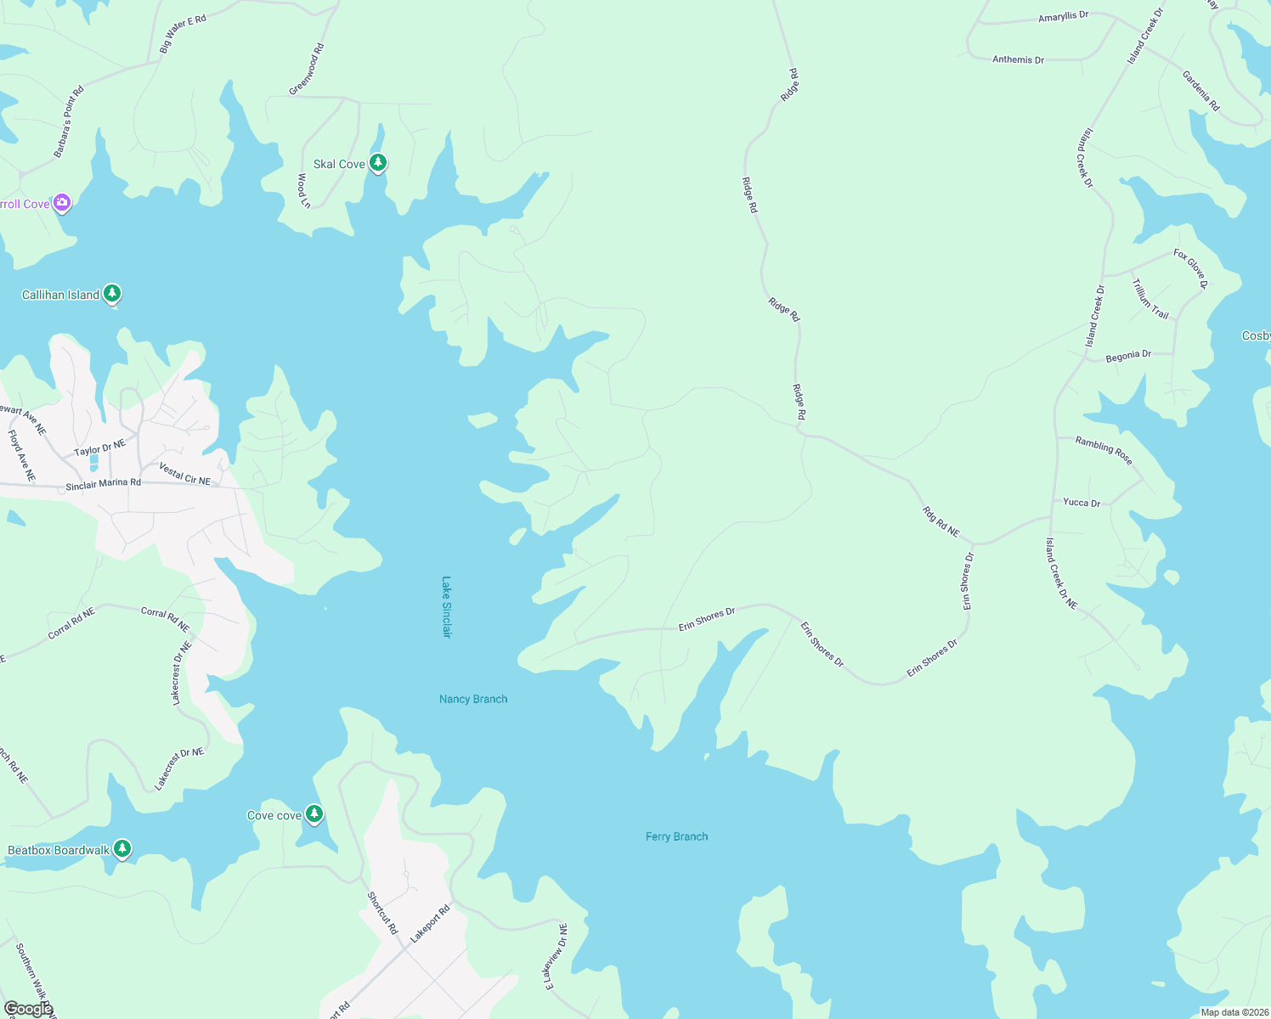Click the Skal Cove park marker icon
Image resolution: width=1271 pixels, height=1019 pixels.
pyautogui.click(x=378, y=162)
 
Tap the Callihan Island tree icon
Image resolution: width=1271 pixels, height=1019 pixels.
pyautogui.click(x=112, y=294)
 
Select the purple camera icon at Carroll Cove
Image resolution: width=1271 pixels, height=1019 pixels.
pyautogui.click(x=61, y=202)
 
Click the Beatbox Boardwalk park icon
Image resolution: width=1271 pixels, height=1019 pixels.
pyautogui.click(x=122, y=848)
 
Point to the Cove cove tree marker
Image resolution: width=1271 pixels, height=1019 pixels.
pyautogui.click(x=314, y=814)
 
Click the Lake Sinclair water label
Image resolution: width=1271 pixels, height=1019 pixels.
pyautogui.click(x=447, y=607)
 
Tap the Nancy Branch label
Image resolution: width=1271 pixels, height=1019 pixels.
pyautogui.click(x=473, y=699)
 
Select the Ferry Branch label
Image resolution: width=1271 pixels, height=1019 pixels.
pyautogui.click(x=676, y=836)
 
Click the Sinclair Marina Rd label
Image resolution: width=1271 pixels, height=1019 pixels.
pyautogui.click(x=103, y=484)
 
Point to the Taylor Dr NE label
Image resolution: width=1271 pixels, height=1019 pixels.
pyautogui.click(x=99, y=448)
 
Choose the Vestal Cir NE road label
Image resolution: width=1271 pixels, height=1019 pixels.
pyautogui.click(x=184, y=474)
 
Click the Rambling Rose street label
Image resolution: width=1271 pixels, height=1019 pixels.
pyautogui.click(x=1104, y=450)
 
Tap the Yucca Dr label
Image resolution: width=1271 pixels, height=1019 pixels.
pyautogui.click(x=1082, y=502)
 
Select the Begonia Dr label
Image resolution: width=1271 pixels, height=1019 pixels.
pyautogui.click(x=1128, y=356)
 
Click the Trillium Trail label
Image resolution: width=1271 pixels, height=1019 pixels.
pyautogui.click(x=1150, y=299)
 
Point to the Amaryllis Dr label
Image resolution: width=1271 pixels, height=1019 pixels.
pyautogui.click(x=1063, y=16)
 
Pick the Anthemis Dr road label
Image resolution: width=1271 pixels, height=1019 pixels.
pyautogui.click(x=1018, y=59)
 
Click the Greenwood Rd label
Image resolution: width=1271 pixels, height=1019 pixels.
pyautogui.click(x=307, y=70)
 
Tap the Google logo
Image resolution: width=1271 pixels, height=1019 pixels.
pyautogui.click(x=28, y=1009)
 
